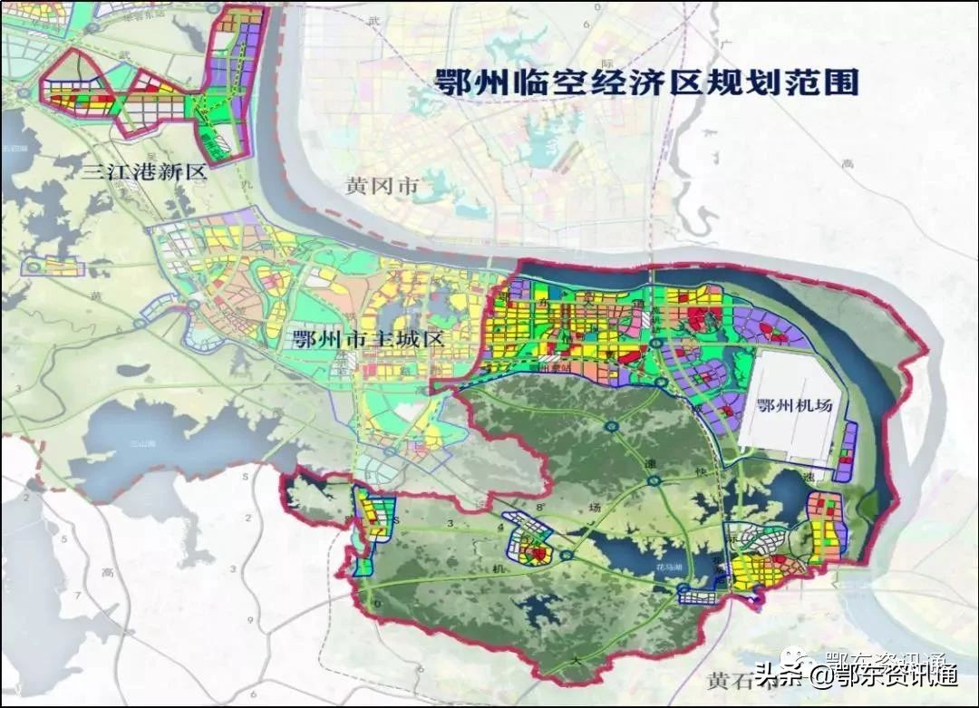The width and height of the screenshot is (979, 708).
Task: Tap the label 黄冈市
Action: pos(382,186)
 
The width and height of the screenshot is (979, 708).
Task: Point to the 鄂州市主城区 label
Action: pos(367,340)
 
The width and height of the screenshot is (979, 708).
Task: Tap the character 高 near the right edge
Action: pos(848,164)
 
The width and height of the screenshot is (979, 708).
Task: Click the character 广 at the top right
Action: pos(725,44)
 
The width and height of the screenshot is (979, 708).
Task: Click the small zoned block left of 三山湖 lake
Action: pos(54,266)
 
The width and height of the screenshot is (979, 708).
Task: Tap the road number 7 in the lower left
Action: pos(78,596)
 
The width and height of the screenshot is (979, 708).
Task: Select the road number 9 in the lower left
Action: pos(250,619)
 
